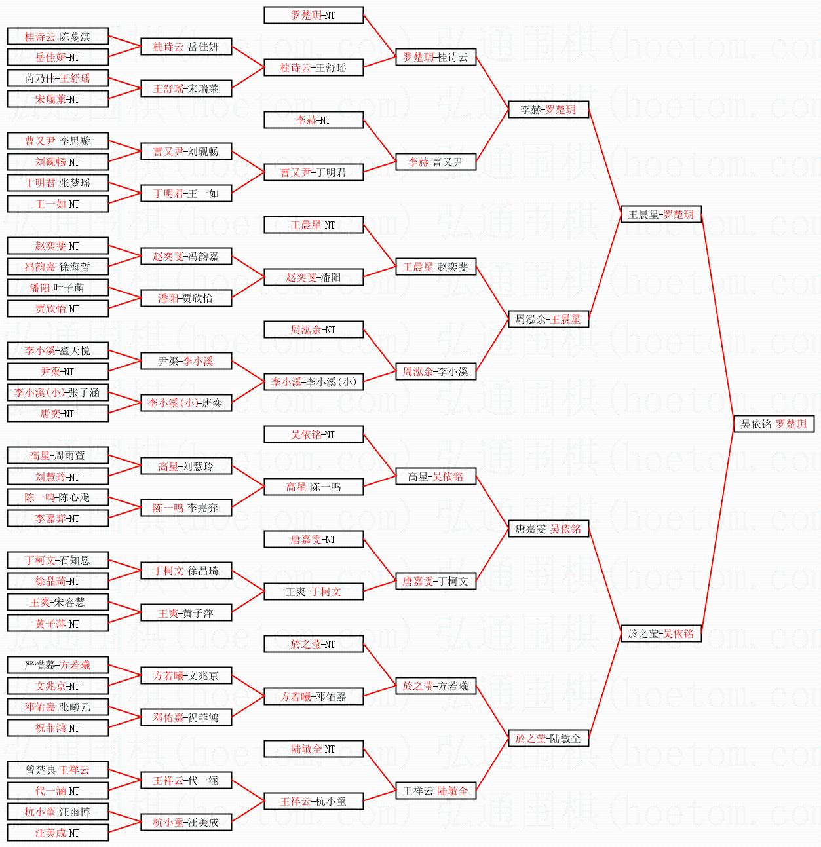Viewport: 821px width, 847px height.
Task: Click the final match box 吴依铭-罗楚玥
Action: point(773,424)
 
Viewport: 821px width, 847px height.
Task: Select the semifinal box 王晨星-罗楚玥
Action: point(660,214)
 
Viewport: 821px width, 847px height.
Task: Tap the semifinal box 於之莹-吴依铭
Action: point(660,633)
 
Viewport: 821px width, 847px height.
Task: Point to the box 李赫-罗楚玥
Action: point(548,109)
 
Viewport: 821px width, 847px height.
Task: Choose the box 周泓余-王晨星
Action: point(548,319)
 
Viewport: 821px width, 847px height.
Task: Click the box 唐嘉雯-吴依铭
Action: point(548,529)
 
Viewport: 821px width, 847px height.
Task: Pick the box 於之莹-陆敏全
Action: point(548,738)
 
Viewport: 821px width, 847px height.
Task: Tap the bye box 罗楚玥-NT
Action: point(313,15)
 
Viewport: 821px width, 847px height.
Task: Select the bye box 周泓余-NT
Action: point(313,329)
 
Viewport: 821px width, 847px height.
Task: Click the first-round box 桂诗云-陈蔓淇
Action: point(58,37)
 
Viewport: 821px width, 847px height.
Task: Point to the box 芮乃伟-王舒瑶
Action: point(58,78)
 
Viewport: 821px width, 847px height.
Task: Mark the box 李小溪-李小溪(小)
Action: point(313,382)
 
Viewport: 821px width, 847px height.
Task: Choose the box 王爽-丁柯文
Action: point(313,592)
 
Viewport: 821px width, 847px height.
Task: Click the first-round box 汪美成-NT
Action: point(58,833)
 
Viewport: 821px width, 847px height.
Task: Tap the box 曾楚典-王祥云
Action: point(58,770)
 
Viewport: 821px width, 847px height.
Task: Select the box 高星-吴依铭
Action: point(436,476)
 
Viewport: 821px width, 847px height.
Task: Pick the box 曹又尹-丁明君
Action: point(313,172)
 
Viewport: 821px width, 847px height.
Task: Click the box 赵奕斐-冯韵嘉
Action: point(186,256)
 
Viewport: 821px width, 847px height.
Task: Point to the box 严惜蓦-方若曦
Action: point(58,665)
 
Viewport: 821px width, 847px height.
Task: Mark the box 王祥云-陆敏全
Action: point(436,791)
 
